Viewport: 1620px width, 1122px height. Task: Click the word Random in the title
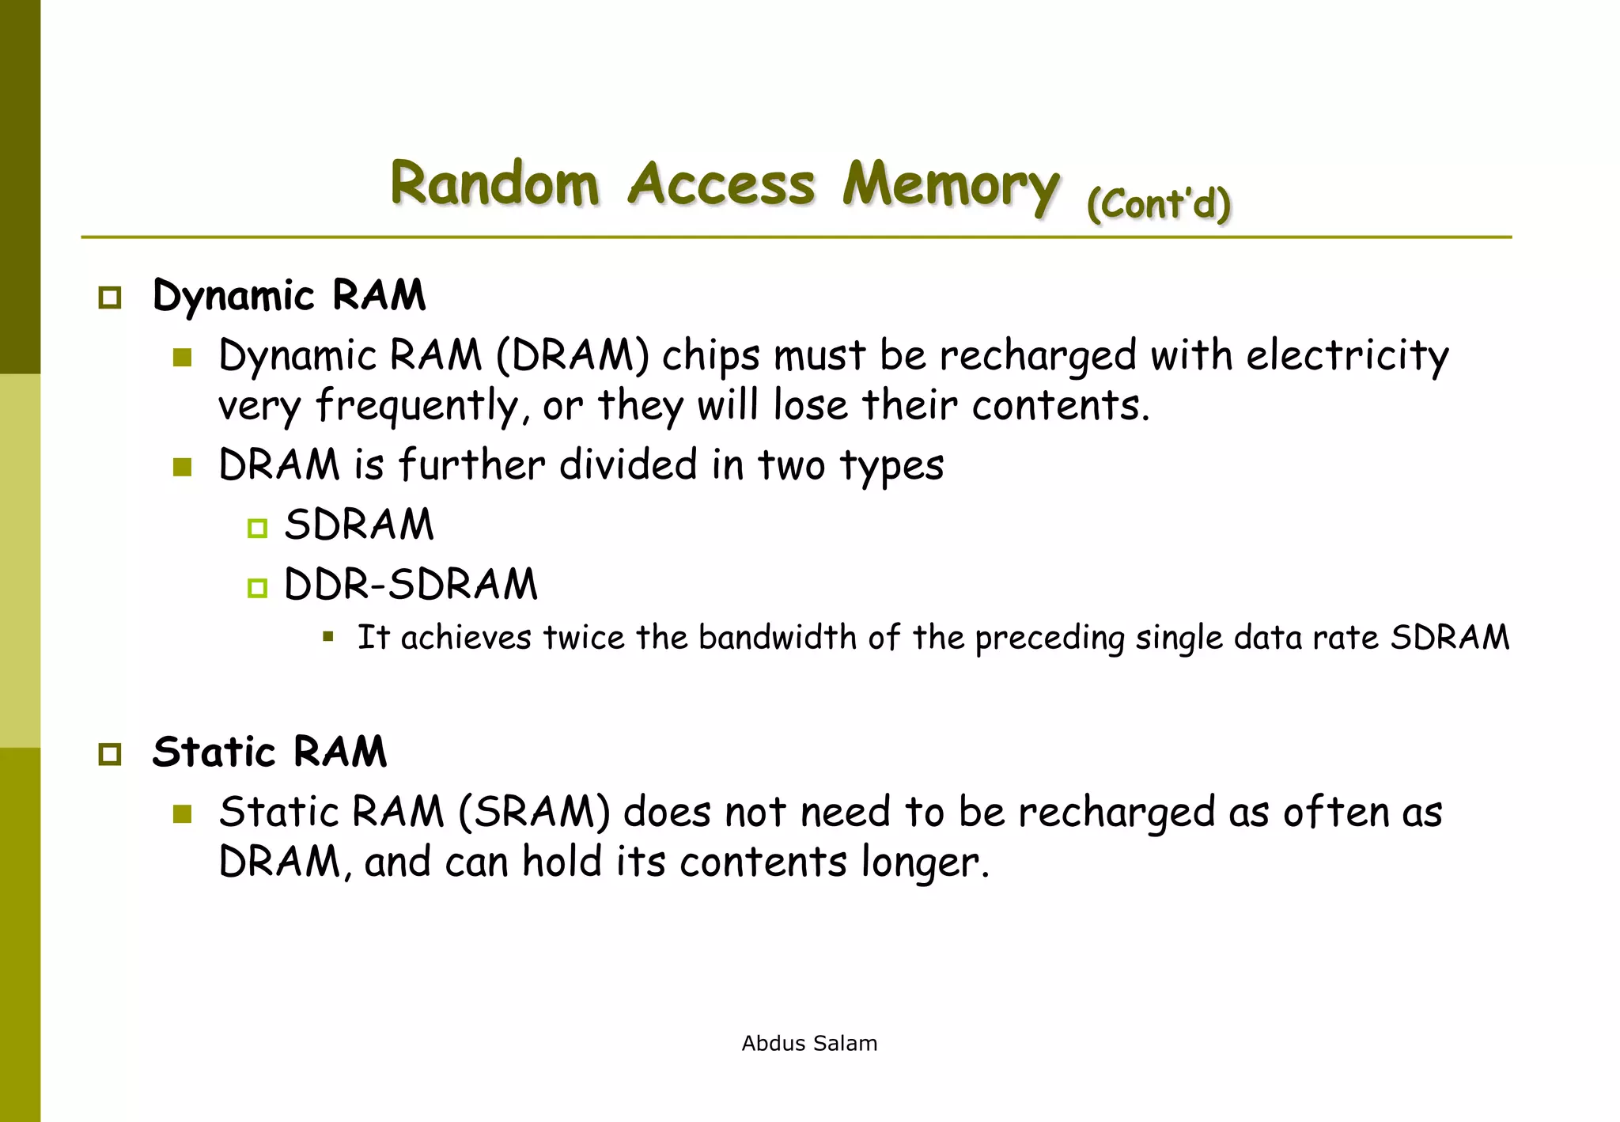[x=494, y=184]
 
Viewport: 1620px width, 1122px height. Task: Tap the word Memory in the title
[x=950, y=185]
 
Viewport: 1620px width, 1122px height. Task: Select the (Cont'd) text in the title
[x=1159, y=204]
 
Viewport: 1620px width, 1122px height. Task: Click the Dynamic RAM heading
[x=289, y=296]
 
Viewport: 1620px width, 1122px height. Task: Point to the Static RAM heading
[x=270, y=752]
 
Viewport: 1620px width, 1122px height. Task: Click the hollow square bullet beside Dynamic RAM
[x=110, y=298]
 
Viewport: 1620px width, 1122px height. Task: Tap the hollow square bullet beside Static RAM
[x=110, y=754]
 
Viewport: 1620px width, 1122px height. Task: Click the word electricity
[x=1347, y=355]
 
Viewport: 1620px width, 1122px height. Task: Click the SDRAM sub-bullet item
[x=359, y=525]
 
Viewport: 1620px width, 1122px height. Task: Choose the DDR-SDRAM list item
[x=411, y=585]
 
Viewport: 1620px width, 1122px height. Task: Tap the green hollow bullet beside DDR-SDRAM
[x=257, y=588]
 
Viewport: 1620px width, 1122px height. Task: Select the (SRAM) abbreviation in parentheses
[x=534, y=813]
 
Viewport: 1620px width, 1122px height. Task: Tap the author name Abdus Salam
[x=809, y=1044]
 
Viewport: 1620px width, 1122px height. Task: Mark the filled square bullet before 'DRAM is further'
[x=183, y=467]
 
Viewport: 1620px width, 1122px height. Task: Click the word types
[x=891, y=466]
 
